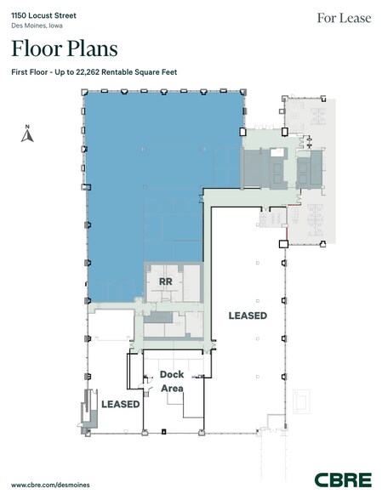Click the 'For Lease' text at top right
344,18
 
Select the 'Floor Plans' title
65,48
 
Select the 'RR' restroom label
166,281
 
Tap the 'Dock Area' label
173,382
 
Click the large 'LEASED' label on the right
248,315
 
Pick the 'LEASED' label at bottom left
120,404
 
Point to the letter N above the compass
28,128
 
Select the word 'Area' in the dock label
173,389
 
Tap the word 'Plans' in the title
89,48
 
